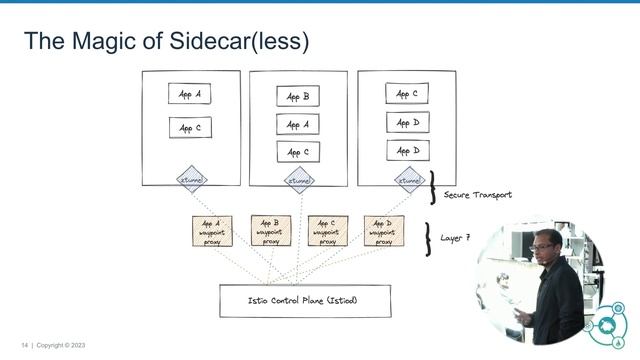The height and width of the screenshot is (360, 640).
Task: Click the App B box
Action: pyautogui.click(x=298, y=97)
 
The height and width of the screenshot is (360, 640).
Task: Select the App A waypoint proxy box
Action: pyautogui.click(x=212, y=232)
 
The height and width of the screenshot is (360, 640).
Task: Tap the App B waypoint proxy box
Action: pyautogui.click(x=270, y=232)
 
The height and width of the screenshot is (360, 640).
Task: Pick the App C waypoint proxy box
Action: pyautogui.click(x=327, y=232)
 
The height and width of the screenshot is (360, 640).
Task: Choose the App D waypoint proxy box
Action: pyautogui.click(x=383, y=232)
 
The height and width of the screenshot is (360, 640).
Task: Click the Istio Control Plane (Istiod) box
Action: pyautogui.click(x=305, y=300)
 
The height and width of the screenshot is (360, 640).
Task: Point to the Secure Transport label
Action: pyautogui.click(x=477, y=195)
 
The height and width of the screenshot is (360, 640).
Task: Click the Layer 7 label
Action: pyautogui.click(x=455, y=238)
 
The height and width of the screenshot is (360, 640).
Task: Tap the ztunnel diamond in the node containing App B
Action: pyautogui.click(x=299, y=180)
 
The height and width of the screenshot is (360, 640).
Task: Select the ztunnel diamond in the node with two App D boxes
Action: pyautogui.click(x=408, y=180)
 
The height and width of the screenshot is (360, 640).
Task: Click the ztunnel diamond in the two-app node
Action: pyautogui.click(x=191, y=180)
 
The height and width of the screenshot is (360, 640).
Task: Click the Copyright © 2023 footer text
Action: pyautogui.click(x=61, y=345)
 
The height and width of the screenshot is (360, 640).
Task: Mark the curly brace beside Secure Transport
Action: pyautogui.click(x=432, y=186)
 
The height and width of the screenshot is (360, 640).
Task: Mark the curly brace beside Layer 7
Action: pyautogui.click(x=428, y=238)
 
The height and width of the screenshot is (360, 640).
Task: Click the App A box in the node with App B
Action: pyautogui.click(x=298, y=125)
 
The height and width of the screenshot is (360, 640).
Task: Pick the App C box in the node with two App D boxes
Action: pyautogui.click(x=407, y=95)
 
